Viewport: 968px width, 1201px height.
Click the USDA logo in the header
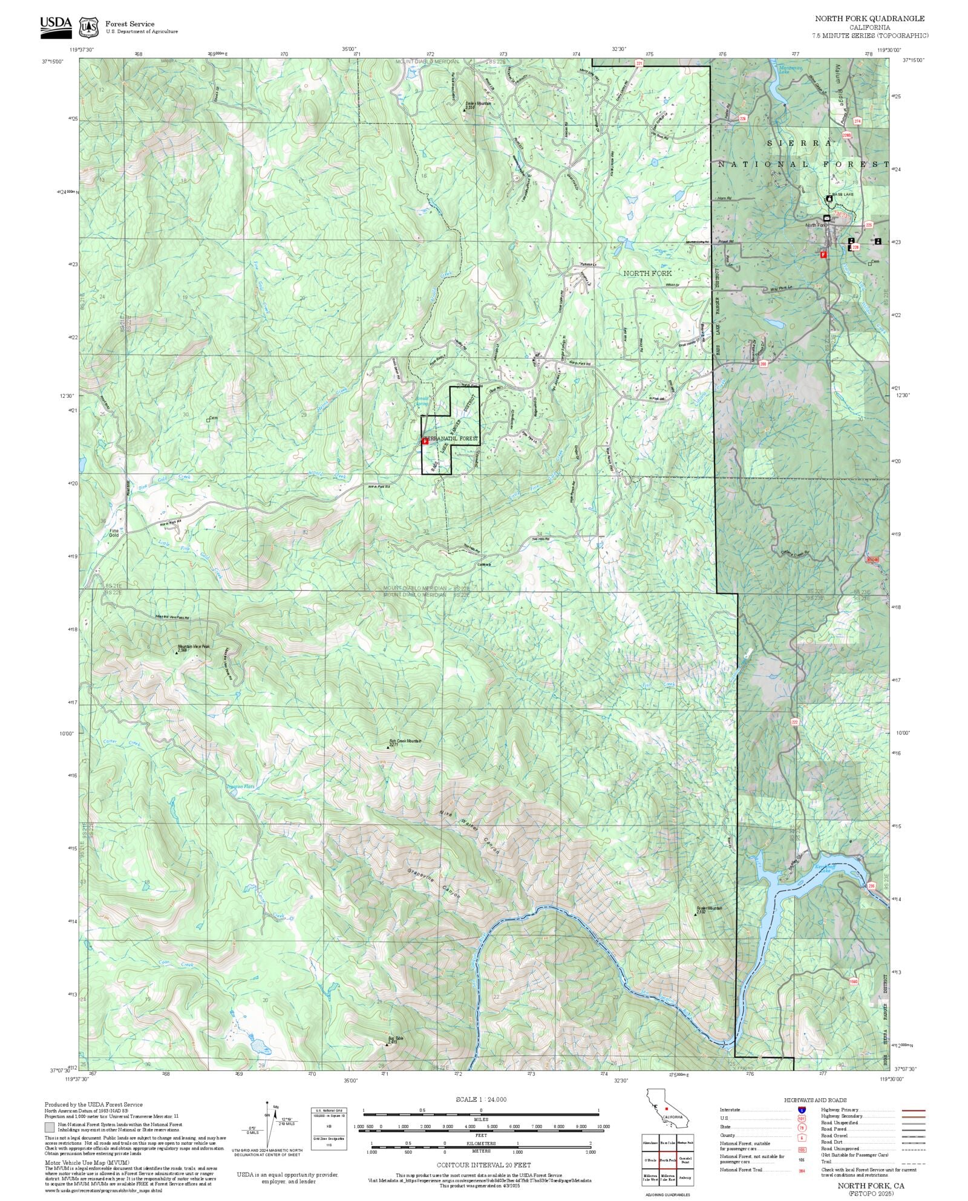coord(56,27)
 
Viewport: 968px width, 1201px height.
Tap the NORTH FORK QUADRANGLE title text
coord(869,19)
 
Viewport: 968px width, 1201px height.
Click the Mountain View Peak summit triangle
coord(177,653)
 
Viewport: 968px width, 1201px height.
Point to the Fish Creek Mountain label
coord(404,741)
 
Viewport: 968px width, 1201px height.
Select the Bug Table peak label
coord(395,1038)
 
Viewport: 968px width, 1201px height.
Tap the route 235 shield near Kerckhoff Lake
coord(871,886)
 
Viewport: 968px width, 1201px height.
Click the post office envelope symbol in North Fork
coord(826,218)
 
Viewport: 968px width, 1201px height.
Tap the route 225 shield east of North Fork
coord(869,224)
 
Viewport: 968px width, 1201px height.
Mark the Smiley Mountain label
coord(477,103)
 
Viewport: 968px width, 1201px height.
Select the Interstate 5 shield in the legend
coord(802,1110)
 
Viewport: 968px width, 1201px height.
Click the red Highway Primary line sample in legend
coord(914,1110)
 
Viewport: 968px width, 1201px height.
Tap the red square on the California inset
coord(666,1108)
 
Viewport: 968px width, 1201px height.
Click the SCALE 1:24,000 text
coord(481,1099)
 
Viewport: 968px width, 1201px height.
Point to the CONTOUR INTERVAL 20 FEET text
coord(483,1164)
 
